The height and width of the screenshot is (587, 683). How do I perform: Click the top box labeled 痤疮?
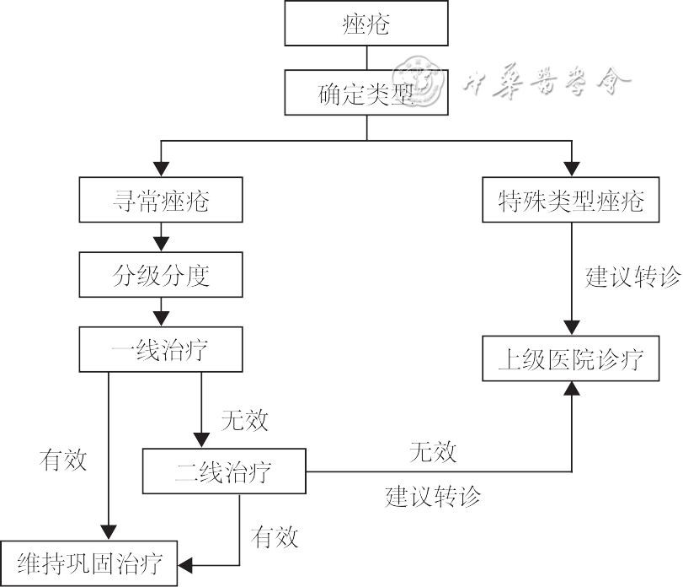366,23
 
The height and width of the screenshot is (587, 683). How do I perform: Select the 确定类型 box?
366,92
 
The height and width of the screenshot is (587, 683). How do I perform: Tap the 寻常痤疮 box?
160,200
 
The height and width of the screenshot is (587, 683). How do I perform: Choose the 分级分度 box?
160,275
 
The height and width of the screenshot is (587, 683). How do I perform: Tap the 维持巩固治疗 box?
89,561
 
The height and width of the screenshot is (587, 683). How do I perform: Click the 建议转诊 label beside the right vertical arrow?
632,277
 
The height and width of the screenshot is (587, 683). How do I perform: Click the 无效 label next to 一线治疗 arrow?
244,418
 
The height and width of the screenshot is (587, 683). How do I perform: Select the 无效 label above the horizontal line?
433,451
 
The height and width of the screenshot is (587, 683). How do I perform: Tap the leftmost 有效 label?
63,460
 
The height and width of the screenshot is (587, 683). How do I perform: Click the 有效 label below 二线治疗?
275,536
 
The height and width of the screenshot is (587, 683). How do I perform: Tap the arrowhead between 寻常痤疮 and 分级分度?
160,244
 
